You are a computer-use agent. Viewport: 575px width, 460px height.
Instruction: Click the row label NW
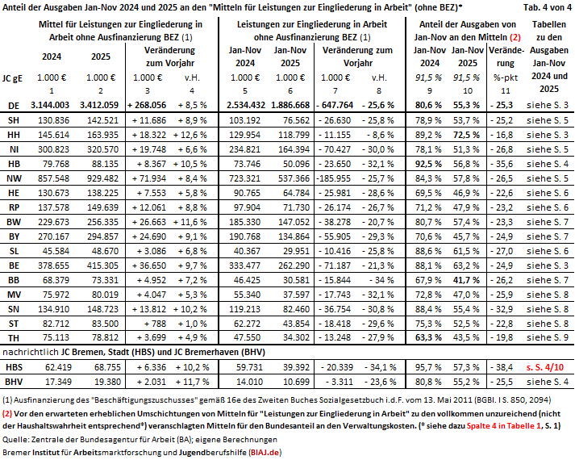(x=14, y=178)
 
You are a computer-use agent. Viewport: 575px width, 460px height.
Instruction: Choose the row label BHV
(x=14, y=380)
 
